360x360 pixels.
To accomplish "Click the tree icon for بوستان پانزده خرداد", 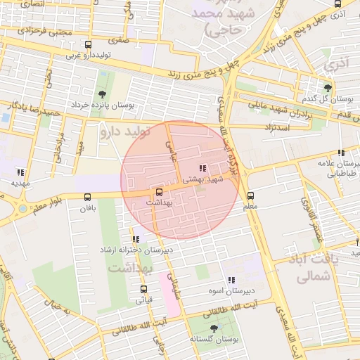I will pyautogui.click(x=103, y=94).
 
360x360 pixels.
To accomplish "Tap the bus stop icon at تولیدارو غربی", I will pyautogui.click(x=88, y=45).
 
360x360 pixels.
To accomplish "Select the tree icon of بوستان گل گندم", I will pyautogui.click(x=328, y=88).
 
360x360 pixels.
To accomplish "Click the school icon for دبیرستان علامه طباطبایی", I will pyautogui.click(x=341, y=153).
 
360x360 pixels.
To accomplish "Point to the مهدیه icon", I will pyautogui.click(x=20, y=172).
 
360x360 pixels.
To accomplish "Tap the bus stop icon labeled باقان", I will pyautogui.click(x=87, y=197).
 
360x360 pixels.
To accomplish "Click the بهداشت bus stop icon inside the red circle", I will pyautogui.click(x=158, y=191).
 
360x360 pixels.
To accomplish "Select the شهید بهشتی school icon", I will pyautogui.click(x=202, y=169).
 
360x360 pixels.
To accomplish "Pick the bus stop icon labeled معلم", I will pyautogui.click(x=251, y=196).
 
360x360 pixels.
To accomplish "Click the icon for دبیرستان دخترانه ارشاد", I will pyautogui.click(x=136, y=239).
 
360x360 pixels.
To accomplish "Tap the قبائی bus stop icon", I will pyautogui.click(x=143, y=289).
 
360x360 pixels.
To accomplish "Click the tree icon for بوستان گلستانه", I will pyautogui.click(x=214, y=328).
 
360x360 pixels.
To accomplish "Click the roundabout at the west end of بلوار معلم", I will pyautogui.click(x=22, y=208).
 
